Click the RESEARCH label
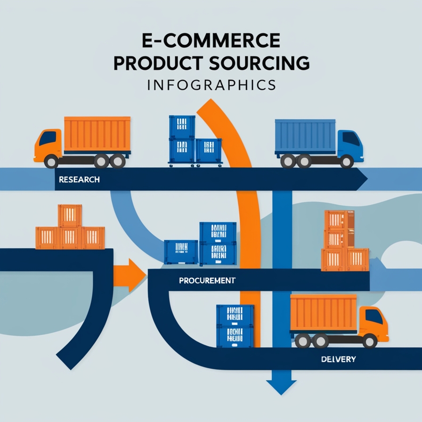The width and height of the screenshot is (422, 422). (x=79, y=179)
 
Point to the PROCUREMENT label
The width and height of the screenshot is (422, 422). (x=207, y=280)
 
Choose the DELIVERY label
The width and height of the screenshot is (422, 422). (x=338, y=359)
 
